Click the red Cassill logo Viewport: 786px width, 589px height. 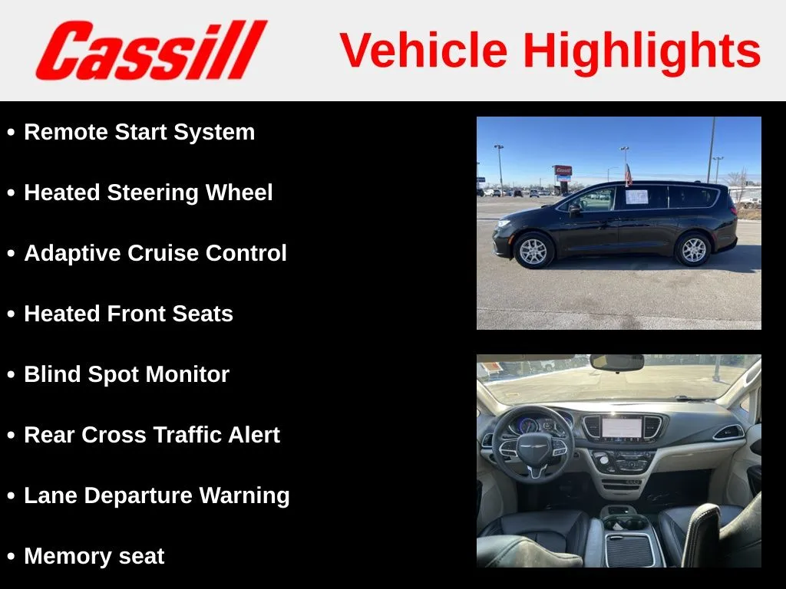click(151, 50)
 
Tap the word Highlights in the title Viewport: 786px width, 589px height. click(642, 52)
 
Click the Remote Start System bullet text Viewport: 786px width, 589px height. click(140, 133)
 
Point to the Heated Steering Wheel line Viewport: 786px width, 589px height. click(148, 193)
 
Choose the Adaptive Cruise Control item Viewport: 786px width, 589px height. click(155, 253)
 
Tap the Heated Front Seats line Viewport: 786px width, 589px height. click(128, 314)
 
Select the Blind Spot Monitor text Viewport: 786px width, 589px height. click(127, 374)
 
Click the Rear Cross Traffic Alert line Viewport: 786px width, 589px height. click(152, 435)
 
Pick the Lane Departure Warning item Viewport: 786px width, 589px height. click(157, 496)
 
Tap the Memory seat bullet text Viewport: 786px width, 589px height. click(94, 556)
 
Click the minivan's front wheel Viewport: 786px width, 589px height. click(533, 250)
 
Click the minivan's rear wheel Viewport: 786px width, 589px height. click(693, 249)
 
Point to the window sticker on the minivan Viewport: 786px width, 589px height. click(636, 197)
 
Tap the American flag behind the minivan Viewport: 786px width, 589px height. click(628, 175)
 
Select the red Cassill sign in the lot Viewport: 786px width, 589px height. click(563, 170)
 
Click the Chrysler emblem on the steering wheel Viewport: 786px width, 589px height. click(533, 446)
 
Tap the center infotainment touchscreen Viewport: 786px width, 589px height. click(622, 428)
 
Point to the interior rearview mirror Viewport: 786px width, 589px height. click(616, 363)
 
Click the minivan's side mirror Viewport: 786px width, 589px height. click(574, 210)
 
